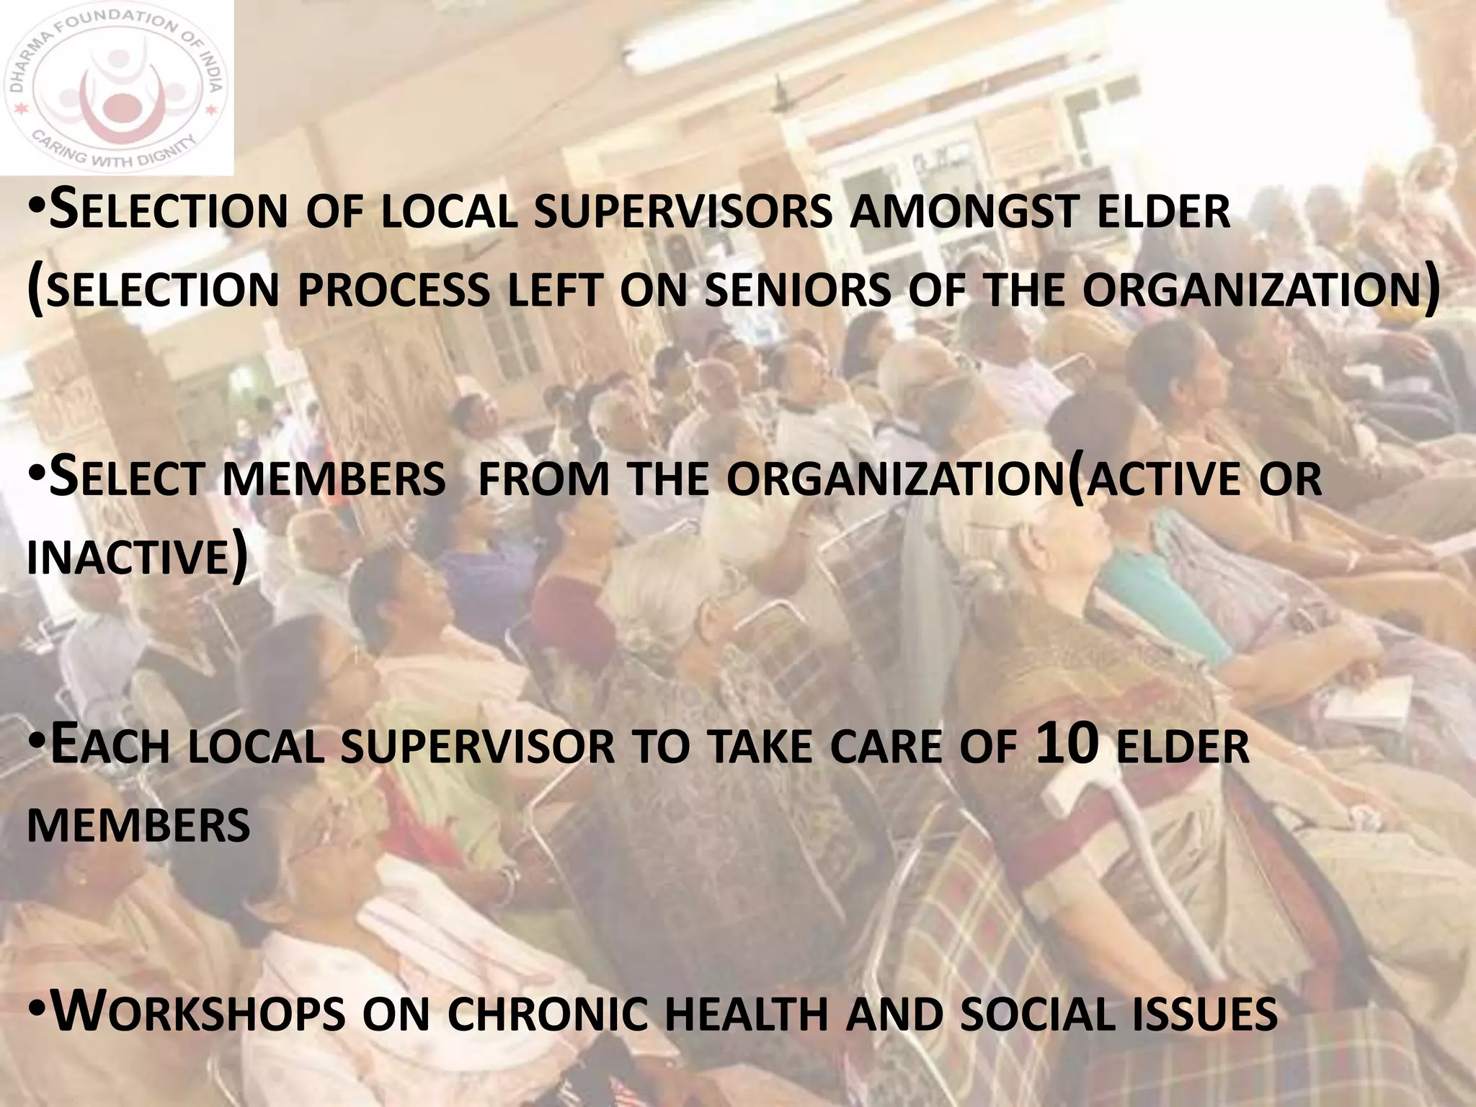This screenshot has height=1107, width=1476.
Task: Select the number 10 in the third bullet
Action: (x=1067, y=745)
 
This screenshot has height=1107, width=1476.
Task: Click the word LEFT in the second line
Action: (x=553, y=291)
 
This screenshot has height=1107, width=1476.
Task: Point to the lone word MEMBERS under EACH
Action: (x=138, y=826)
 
